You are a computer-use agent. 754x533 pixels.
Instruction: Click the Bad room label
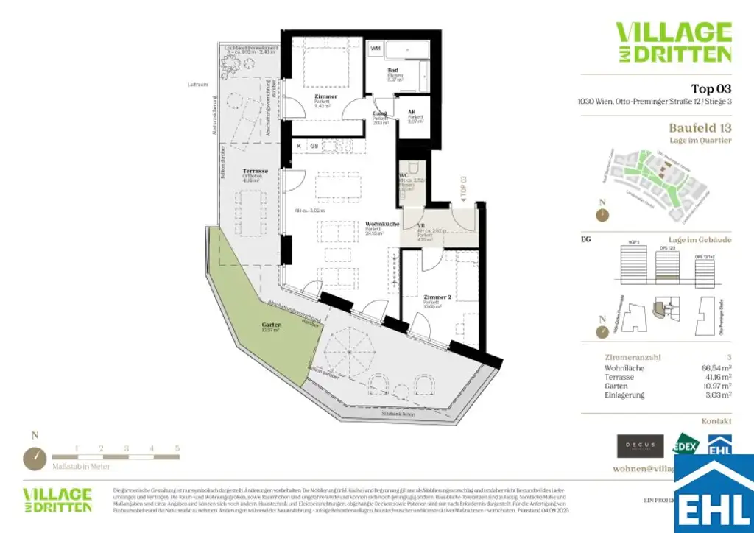(x=393, y=70)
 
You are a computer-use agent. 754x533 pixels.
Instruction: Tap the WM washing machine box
(x=376, y=49)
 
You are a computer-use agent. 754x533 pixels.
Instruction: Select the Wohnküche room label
(x=382, y=224)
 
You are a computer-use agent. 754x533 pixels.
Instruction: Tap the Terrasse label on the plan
(x=255, y=171)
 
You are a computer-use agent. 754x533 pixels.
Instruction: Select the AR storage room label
(x=412, y=112)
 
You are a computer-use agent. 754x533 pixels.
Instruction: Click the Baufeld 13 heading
(x=700, y=127)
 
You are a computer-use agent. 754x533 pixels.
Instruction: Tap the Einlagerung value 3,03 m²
(x=718, y=395)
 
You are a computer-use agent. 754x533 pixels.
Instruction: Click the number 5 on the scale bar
(x=177, y=448)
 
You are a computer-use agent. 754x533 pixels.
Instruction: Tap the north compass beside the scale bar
(x=35, y=458)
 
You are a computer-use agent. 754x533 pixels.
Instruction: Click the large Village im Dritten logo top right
(x=673, y=42)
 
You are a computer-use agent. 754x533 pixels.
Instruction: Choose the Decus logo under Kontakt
(x=639, y=446)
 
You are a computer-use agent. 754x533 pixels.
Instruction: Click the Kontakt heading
(x=716, y=421)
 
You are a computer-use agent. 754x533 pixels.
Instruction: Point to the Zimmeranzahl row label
(x=628, y=357)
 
